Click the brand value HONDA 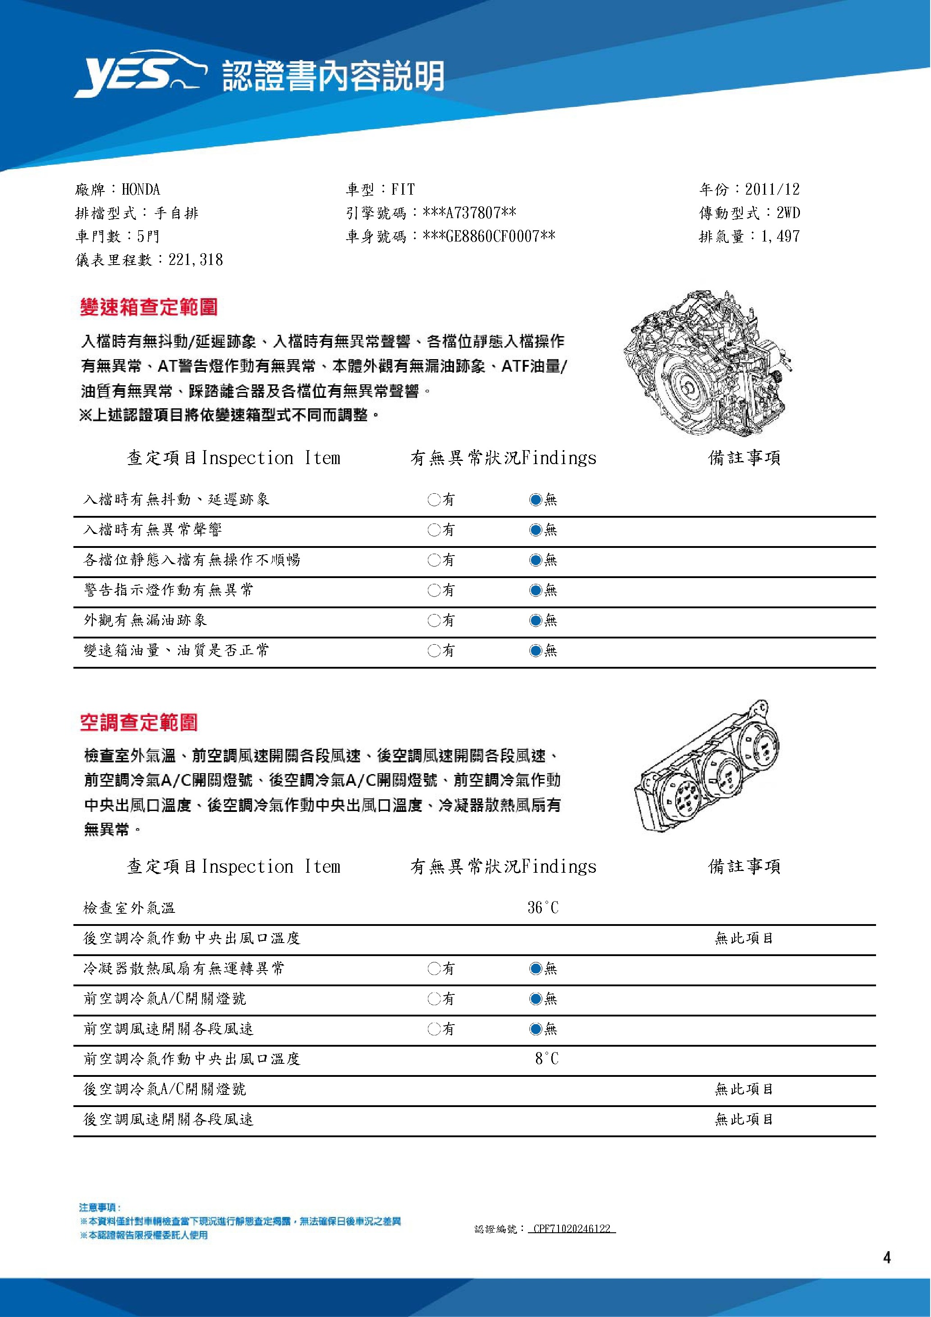coord(141,190)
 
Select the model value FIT coord(403,190)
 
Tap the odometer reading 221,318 coord(195,260)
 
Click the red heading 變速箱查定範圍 coord(149,307)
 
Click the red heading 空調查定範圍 coord(139,722)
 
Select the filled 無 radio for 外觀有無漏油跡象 coord(536,620)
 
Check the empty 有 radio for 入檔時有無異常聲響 coord(433,530)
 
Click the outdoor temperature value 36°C coord(543,908)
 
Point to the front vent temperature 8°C coord(546,1058)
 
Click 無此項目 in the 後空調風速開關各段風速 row coord(744,1119)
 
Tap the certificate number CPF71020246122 coord(572,1229)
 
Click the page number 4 coord(887,1258)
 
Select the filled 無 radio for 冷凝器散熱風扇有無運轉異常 coord(536,969)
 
